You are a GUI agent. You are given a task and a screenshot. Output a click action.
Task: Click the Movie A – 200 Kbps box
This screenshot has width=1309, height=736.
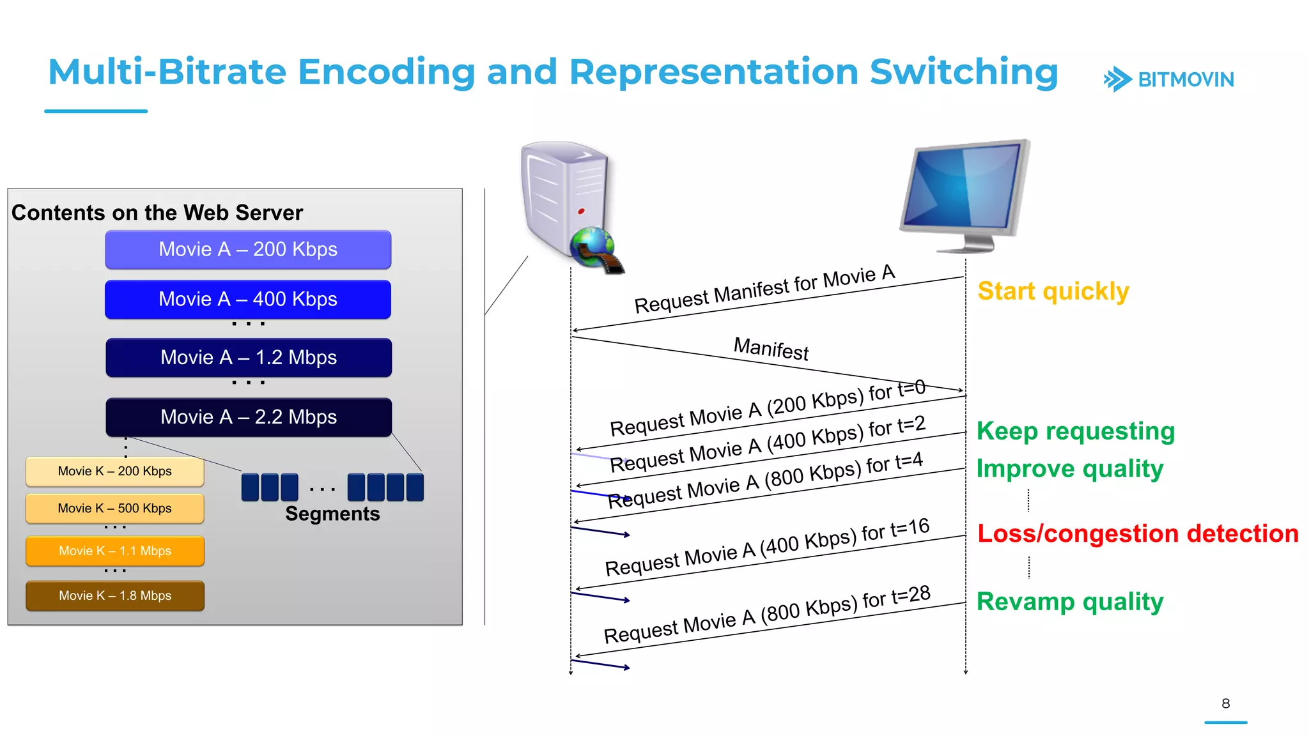coord(248,249)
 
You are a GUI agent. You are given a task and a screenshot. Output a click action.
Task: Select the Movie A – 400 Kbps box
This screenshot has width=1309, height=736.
coord(248,299)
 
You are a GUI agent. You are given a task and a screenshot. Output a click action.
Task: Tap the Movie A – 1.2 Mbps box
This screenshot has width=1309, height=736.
coord(249,357)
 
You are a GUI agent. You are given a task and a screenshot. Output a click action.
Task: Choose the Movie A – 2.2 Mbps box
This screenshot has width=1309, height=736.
coord(249,417)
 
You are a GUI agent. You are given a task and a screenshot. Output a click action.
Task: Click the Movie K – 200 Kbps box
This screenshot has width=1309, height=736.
coord(115,471)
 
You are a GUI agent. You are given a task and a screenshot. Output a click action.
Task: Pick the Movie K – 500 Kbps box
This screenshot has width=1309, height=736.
coord(115,509)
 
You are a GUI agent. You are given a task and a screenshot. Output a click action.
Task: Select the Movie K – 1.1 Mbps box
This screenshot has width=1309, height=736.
coord(115,551)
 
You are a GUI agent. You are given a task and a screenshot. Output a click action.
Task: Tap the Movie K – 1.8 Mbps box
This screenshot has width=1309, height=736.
coord(115,595)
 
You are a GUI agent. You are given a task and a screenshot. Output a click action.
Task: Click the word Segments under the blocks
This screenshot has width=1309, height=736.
coord(332,514)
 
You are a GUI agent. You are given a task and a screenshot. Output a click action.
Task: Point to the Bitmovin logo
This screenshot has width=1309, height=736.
coord(1169,80)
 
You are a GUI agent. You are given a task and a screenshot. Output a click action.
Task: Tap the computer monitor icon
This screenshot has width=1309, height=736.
coord(965,192)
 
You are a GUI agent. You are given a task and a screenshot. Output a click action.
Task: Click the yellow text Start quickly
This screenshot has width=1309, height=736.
coord(1053,291)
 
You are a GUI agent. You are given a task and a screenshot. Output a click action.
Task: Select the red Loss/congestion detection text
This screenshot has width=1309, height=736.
coord(1138,533)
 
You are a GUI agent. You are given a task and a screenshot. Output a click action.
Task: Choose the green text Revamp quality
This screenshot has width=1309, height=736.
coord(1070,602)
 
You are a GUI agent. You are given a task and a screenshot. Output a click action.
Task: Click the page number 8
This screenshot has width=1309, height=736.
coord(1225,703)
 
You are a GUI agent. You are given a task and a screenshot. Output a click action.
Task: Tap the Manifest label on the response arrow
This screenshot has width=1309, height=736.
coord(771,349)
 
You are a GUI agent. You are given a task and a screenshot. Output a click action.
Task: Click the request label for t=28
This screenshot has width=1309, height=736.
coord(767,615)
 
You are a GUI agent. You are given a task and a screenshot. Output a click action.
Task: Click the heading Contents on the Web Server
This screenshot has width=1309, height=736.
coord(157,213)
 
